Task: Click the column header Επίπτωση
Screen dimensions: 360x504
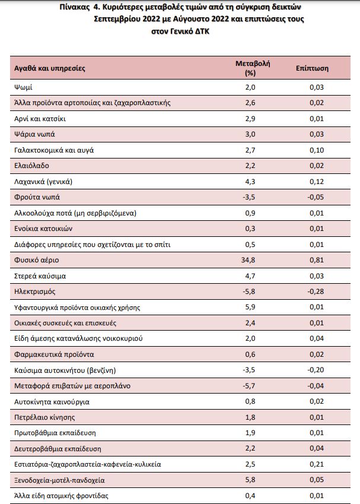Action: coord(312,68)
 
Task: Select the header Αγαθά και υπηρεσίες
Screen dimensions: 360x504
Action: coord(49,68)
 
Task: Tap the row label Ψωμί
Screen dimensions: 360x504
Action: coord(23,87)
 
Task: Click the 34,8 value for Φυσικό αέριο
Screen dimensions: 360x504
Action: coord(248,260)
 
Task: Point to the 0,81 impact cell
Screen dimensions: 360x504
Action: coord(317,260)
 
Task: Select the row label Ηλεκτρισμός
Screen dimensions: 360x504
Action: coord(34,291)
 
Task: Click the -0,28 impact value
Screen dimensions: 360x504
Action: coord(316,291)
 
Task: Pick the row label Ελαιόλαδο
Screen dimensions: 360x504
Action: coord(31,166)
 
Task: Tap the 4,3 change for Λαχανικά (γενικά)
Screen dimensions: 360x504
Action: coord(250,182)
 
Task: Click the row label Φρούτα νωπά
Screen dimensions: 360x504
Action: coord(37,197)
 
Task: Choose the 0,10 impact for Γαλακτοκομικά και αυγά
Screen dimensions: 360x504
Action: coord(317,150)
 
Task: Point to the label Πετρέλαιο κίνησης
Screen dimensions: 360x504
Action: coord(44,417)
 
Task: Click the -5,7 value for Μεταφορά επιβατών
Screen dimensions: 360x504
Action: coord(249,386)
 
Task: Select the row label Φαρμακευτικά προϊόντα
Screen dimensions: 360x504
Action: coord(54,354)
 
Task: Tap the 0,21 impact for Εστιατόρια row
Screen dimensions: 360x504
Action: coord(317,464)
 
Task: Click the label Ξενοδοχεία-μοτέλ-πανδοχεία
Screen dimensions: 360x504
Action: coord(59,480)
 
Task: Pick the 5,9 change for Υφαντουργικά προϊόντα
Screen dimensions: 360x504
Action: coord(250,307)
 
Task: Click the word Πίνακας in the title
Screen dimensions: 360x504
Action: coord(75,7)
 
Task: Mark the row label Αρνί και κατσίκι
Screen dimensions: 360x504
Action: coord(40,119)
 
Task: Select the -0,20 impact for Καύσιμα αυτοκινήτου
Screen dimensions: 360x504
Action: coord(316,370)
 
